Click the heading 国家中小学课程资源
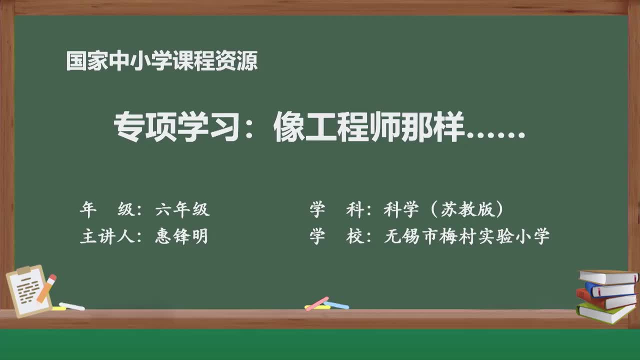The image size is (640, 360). (x=162, y=61)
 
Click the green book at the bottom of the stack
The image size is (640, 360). (x=605, y=313)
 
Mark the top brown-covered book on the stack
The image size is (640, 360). (x=608, y=276)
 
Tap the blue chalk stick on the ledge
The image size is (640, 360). (x=336, y=304)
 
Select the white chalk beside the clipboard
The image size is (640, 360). (x=72, y=306)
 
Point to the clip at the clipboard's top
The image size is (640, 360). (x=24, y=270)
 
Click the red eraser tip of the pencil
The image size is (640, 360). (x=52, y=278)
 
